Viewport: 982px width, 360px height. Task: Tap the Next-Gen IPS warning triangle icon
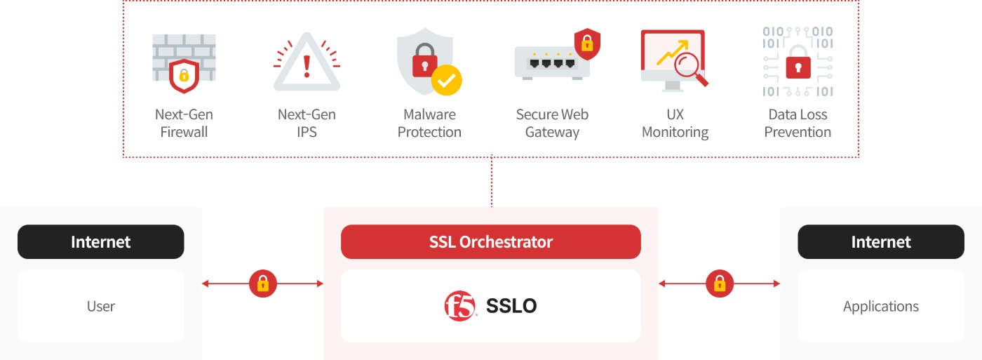(x=307, y=62)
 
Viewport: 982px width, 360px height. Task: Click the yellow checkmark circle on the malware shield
(x=446, y=80)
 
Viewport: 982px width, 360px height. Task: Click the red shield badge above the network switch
(x=588, y=44)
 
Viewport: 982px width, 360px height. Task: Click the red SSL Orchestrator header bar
(x=491, y=241)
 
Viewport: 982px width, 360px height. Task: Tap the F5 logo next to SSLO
(x=460, y=306)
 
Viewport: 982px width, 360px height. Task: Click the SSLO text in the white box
(x=511, y=306)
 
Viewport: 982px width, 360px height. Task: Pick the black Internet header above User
(x=101, y=241)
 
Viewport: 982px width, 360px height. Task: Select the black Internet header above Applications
(x=881, y=241)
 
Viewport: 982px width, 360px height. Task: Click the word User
(x=101, y=306)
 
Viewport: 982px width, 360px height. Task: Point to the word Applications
(x=881, y=307)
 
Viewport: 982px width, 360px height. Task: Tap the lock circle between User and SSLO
(x=263, y=284)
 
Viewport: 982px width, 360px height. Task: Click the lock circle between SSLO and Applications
(x=720, y=284)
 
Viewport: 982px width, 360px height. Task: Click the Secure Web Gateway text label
(x=553, y=124)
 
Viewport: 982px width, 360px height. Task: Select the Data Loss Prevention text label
(x=798, y=124)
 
